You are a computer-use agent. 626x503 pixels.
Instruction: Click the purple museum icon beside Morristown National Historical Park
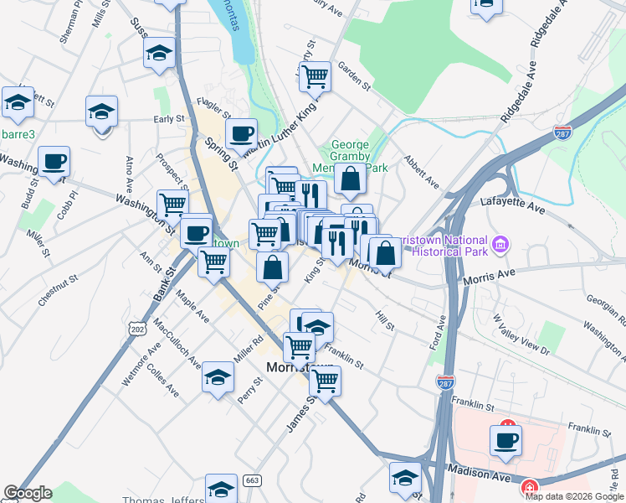500,245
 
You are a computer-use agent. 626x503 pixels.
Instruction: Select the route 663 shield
251,481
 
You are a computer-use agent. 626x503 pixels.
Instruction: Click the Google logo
28,493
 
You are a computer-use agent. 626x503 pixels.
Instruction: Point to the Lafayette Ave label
512,201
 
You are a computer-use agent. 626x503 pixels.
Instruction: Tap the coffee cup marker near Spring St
241,132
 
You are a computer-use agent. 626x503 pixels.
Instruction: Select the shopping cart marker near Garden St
315,76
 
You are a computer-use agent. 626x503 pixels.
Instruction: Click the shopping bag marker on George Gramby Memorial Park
350,178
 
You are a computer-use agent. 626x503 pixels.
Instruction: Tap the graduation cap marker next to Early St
101,110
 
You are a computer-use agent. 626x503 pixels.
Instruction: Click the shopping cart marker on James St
326,381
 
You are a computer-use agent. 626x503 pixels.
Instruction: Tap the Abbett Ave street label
420,171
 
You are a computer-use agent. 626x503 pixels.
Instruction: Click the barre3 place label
15,133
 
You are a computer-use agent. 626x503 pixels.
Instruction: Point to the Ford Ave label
437,332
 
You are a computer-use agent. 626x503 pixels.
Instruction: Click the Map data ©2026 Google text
575,495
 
